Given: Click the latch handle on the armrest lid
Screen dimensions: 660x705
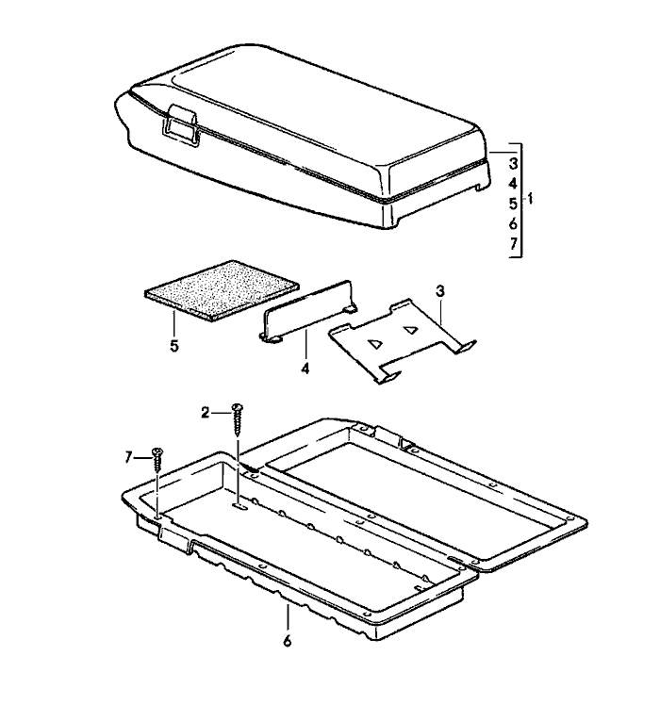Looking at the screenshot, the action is (179, 124).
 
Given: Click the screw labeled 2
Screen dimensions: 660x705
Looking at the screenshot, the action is (238, 419).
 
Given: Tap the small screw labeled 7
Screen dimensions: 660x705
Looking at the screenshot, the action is (157, 459).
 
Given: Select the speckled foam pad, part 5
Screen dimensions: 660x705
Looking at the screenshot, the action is (222, 290).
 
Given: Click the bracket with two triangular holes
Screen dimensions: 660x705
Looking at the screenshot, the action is (402, 340).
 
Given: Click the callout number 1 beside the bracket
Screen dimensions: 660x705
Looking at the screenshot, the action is (530, 198).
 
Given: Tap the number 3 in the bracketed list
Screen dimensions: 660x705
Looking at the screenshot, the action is (513, 163).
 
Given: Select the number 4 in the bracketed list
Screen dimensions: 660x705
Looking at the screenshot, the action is (513, 184).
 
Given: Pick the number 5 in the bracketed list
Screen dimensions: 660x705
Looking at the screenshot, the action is (513, 204).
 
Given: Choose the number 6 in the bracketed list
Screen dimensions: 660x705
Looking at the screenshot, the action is (513, 223).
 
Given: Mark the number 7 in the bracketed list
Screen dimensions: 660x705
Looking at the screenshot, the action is (513, 244).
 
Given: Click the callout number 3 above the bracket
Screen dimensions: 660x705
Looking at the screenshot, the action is (439, 291).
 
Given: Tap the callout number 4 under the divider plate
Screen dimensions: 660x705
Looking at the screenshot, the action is (305, 369).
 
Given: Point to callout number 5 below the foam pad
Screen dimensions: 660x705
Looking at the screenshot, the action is (174, 346).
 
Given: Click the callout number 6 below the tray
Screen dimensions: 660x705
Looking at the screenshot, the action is (287, 640).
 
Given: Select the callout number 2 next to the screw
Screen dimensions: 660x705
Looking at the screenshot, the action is (206, 412).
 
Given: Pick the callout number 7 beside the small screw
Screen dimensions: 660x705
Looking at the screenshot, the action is (128, 458).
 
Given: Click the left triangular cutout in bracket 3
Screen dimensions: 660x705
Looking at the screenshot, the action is (374, 344).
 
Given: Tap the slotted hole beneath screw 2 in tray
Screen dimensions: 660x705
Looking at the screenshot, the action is (239, 507).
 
